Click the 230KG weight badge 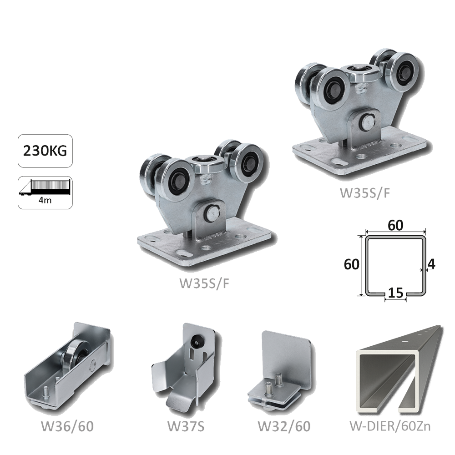(x=45, y=151)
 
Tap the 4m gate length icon (x=45, y=192)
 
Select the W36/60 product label (x=67, y=426)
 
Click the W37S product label (x=186, y=426)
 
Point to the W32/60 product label (x=284, y=426)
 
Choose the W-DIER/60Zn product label (x=390, y=426)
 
